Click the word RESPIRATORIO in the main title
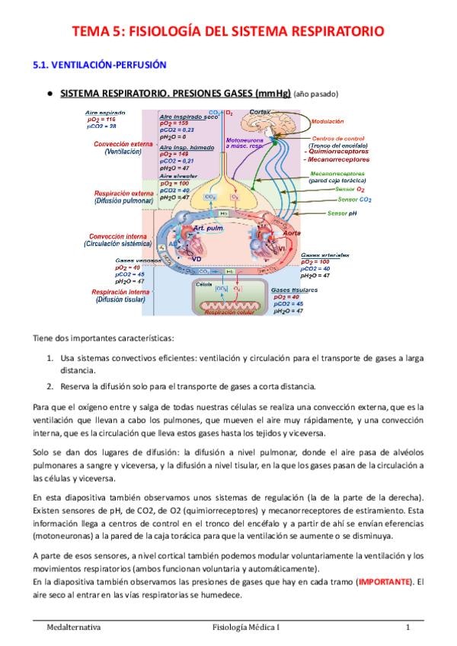pyautogui.click(x=328, y=31)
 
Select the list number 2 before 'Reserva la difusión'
pyautogui.click(x=50, y=385)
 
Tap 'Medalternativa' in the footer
pyautogui.click(x=72, y=628)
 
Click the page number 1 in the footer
pyautogui.click(x=408, y=628)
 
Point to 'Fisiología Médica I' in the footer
pyautogui.click(x=247, y=628)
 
